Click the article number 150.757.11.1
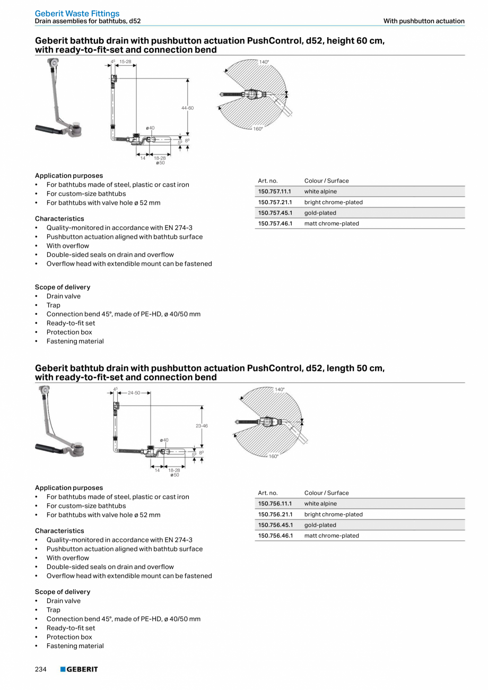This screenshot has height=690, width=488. pos(275,192)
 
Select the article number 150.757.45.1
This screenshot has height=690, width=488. pos(275,213)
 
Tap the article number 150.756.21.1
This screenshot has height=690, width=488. pos(275,514)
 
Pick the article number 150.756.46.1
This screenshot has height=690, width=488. pos(275,536)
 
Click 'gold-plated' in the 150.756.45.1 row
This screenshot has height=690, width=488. pos(320,525)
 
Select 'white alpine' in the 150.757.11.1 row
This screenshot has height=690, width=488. pos(320,192)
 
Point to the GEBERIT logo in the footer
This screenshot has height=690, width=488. pos(79,669)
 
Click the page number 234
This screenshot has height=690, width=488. pos(41,669)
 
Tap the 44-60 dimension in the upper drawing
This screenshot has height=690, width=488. pos(187,108)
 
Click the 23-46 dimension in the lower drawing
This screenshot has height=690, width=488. pos(202,426)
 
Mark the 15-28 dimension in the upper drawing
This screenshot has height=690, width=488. pos(125,62)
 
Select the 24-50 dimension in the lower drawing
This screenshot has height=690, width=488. pos(134,393)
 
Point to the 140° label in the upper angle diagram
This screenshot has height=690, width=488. pos(264,62)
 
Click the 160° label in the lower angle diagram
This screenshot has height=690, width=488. pos(273,456)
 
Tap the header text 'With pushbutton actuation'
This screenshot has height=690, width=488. pos(424,21)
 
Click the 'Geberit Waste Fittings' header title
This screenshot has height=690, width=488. pos(77,13)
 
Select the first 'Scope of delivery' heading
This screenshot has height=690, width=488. pos(63,287)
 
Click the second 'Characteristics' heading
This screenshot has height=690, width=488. pos(59,531)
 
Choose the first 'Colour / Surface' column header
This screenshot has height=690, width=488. pos(326,181)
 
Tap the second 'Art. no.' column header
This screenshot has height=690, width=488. pos(268,493)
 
